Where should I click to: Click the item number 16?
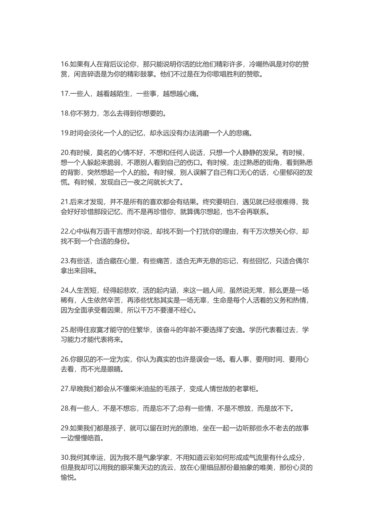pyautogui.click(x=65, y=64)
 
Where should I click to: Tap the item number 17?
pyautogui.click(x=65, y=94)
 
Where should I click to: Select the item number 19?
pyautogui.click(x=65, y=133)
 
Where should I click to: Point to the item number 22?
pyautogui.click(x=65, y=232)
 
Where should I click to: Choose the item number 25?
pyautogui.click(x=65, y=330)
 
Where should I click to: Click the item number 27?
pyautogui.click(x=65, y=389)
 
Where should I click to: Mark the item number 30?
pyautogui.click(x=65, y=458)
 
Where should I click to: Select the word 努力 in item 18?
pyautogui.click(x=90, y=113)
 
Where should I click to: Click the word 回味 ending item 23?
pyautogui.click(x=87, y=271)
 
